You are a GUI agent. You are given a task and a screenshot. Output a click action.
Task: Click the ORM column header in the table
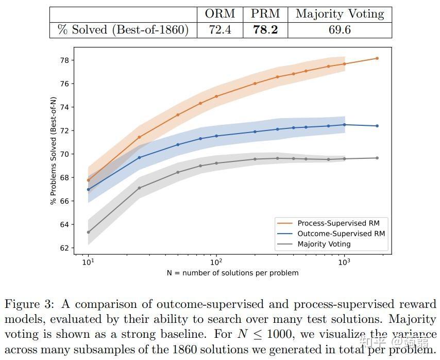click(x=220, y=14)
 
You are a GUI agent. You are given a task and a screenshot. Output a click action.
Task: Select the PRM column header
click(x=265, y=14)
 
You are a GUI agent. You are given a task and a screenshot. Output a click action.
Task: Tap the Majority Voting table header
click(x=340, y=14)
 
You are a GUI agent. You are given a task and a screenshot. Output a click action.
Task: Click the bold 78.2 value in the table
click(x=265, y=30)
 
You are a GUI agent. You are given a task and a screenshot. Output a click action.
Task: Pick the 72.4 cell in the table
click(x=220, y=30)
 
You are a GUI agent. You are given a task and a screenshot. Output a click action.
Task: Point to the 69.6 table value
click(x=340, y=30)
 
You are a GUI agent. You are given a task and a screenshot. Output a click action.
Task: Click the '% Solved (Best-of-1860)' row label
click(x=123, y=30)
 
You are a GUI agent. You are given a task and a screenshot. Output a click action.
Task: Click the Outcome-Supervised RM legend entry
click(x=341, y=234)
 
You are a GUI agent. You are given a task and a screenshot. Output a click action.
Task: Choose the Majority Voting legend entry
click(x=324, y=244)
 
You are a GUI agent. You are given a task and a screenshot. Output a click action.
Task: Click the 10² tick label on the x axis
click(x=216, y=262)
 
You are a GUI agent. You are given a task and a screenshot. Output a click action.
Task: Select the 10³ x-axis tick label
click(x=344, y=262)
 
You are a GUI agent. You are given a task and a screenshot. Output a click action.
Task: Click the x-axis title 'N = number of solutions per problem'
click(x=232, y=273)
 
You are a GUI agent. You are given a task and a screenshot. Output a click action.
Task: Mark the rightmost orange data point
click(x=377, y=58)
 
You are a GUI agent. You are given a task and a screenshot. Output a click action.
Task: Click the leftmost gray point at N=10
click(x=88, y=232)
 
